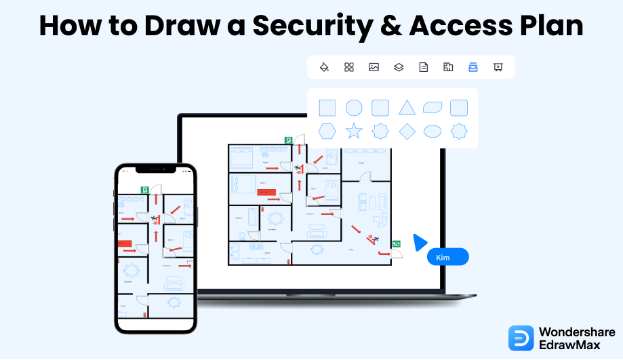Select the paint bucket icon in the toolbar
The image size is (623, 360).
coord(324,67)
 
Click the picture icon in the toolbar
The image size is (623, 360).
coord(374,67)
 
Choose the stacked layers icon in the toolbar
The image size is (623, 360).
coord(399,67)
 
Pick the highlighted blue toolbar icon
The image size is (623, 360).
coord(473,67)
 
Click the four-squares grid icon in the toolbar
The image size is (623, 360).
coord(349,67)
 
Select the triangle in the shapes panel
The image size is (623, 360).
coord(407,107)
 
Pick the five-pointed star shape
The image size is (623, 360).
coord(354,131)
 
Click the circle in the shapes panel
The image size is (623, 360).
coord(354,107)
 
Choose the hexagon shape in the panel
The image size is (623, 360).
coord(327,131)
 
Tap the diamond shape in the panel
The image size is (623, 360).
coord(407,131)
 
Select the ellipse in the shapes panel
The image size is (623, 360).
coord(433,131)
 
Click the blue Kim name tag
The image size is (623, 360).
coord(447,257)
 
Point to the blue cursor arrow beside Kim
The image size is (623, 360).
coord(420,243)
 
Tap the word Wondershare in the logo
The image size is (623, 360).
coord(577,332)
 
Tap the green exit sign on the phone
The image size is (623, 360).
coord(144,191)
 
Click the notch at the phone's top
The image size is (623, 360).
coord(155,169)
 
